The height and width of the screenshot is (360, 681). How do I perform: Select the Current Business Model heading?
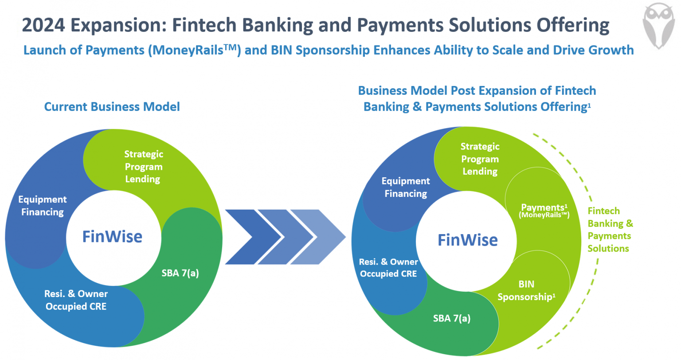[x=112, y=107]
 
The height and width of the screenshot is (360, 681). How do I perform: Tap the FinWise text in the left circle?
[x=112, y=237]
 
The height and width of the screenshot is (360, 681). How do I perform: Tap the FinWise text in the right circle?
[x=467, y=240]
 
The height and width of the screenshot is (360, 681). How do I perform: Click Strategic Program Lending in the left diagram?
[x=143, y=167]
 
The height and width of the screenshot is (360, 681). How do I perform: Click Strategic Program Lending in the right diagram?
[x=480, y=159]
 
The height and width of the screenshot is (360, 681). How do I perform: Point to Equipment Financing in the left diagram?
[x=43, y=206]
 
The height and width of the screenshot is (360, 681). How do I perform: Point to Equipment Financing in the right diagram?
[x=406, y=187]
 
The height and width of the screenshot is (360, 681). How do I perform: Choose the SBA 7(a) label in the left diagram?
[x=180, y=273]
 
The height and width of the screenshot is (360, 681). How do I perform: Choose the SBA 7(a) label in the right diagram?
[x=452, y=318]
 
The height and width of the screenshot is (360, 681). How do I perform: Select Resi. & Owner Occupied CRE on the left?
[x=76, y=300]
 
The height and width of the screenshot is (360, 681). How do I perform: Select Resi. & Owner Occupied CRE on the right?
[x=388, y=268]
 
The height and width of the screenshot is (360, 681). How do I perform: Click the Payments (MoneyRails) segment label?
[x=544, y=211]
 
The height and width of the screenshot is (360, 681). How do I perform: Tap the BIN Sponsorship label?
[x=526, y=290]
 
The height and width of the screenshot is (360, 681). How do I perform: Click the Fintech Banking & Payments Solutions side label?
[x=610, y=230]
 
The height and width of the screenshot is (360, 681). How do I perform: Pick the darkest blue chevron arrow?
[x=246, y=237]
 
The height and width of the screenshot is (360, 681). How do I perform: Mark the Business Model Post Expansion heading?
[x=477, y=99]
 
